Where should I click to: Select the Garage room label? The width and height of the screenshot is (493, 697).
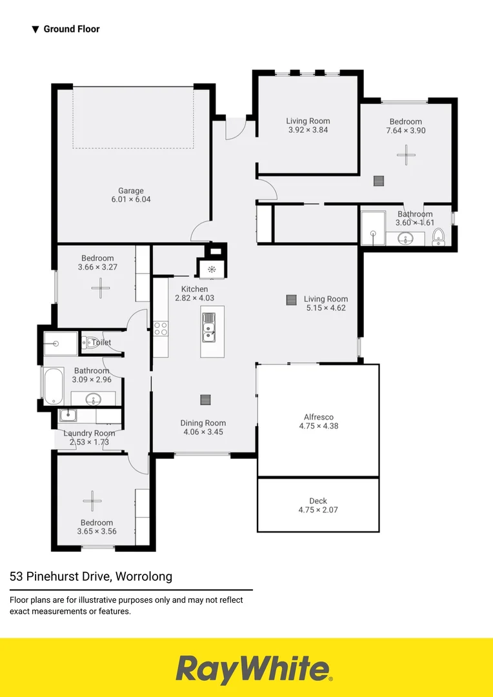tap(130, 195)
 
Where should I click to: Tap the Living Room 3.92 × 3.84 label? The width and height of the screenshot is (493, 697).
tap(308, 125)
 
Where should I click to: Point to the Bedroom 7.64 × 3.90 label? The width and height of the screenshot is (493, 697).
tap(405, 126)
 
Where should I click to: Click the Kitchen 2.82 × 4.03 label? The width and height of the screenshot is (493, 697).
tap(194, 294)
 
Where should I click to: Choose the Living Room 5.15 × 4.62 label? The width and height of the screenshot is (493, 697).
tap(326, 303)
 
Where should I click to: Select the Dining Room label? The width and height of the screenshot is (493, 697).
tap(203, 427)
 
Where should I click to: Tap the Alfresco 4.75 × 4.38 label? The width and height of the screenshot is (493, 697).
tap(319, 421)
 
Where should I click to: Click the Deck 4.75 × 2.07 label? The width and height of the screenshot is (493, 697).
tap(318, 505)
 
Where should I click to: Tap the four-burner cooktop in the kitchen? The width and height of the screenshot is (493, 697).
tap(160, 328)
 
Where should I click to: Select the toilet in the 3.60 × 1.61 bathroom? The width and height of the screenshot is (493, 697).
tap(439, 237)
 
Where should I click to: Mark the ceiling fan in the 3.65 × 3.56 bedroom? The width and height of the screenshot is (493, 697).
tap(92, 500)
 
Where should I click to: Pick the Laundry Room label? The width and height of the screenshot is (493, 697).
tap(89, 438)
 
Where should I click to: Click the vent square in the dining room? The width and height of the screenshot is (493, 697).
tap(205, 399)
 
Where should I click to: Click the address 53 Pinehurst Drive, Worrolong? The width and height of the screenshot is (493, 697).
tap(91, 576)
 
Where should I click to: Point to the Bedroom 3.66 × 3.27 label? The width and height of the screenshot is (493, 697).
tap(96, 263)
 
